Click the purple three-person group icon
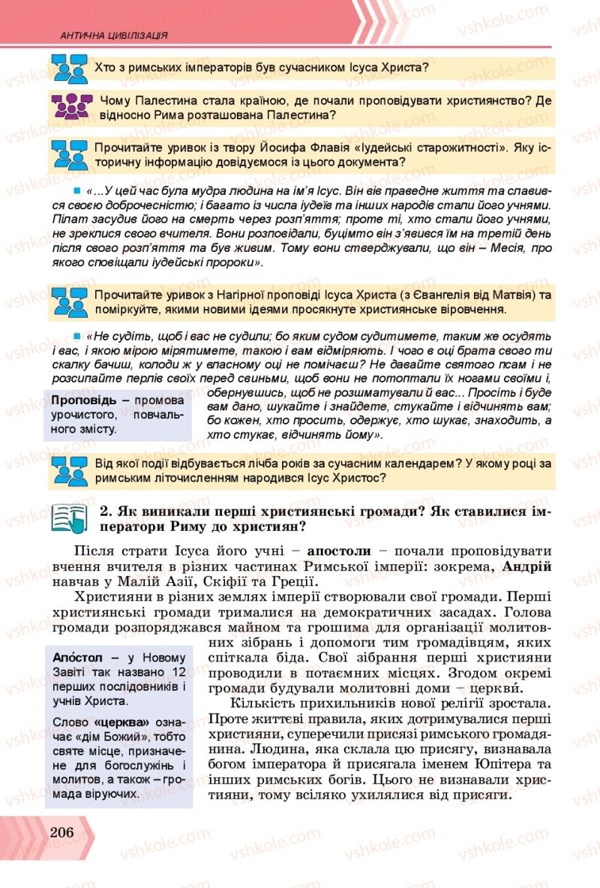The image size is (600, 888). click(71, 106)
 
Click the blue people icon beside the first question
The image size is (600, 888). click(71, 69)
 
